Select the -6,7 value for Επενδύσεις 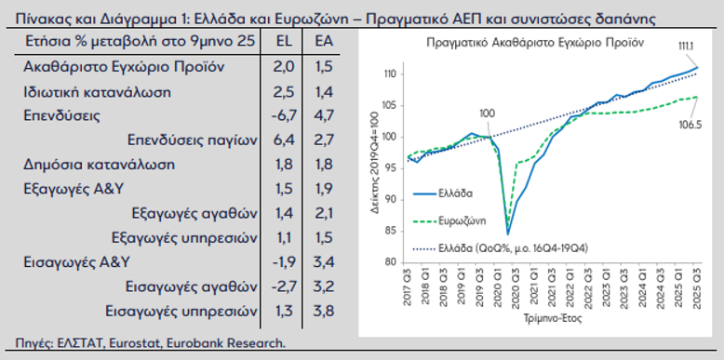[x=283, y=116]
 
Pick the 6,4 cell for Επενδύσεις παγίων [x=283, y=140]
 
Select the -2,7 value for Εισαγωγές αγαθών [x=283, y=287]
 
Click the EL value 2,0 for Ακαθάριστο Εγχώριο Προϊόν [x=283, y=67]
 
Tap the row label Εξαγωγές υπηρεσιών [x=182, y=237]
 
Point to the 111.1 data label [x=688, y=46]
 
